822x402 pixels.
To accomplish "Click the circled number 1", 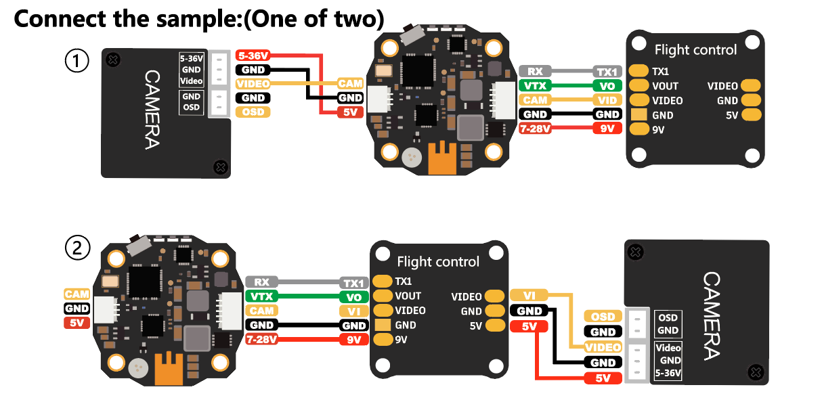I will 77,62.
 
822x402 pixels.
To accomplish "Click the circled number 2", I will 77,248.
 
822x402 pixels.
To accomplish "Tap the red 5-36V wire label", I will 253,55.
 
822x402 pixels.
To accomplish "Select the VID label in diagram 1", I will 607,99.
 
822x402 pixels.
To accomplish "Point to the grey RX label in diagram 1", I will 536,71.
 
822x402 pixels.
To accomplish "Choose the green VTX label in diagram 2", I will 261,296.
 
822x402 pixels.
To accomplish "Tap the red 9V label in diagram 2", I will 353,340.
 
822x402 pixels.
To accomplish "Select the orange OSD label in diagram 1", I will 253,112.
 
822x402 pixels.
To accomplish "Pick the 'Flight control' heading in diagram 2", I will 438,262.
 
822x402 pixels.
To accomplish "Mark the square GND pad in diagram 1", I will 639,114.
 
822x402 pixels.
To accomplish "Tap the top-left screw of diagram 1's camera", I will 114,60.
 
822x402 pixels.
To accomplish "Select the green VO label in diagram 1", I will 607,86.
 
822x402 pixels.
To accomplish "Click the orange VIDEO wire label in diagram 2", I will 602,347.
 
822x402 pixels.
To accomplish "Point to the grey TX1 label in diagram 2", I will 353,282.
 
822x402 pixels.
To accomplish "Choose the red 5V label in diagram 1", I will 350,112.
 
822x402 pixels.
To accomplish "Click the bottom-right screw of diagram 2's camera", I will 756,371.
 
